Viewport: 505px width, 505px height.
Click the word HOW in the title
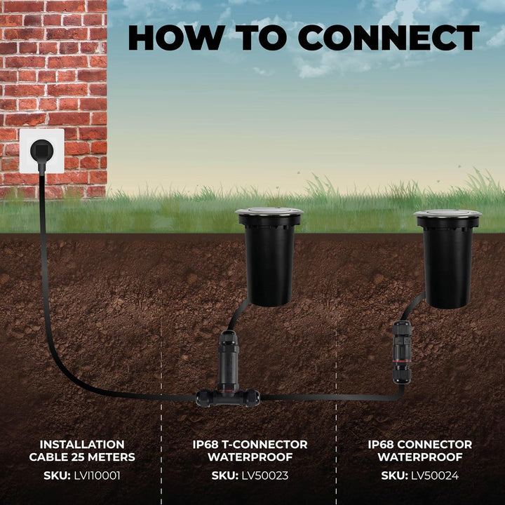(x=176, y=37)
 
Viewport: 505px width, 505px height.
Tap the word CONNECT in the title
(x=389, y=37)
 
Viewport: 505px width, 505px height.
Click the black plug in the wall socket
(x=41, y=151)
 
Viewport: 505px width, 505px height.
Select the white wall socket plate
(x=42, y=151)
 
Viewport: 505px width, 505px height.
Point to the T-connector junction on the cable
(x=228, y=398)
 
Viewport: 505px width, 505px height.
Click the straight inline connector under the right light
(x=402, y=352)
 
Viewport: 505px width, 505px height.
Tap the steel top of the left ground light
(x=269, y=211)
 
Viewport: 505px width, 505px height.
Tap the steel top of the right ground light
(x=447, y=213)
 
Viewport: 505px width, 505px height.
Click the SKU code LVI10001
(x=97, y=476)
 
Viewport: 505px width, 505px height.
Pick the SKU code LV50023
(x=264, y=476)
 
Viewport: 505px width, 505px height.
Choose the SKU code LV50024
(x=435, y=476)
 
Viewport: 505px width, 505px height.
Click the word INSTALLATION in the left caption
(x=82, y=445)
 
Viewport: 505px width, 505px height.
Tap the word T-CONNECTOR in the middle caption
(x=264, y=445)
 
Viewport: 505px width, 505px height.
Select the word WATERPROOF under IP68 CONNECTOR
(x=420, y=457)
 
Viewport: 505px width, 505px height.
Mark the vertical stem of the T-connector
(x=229, y=361)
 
